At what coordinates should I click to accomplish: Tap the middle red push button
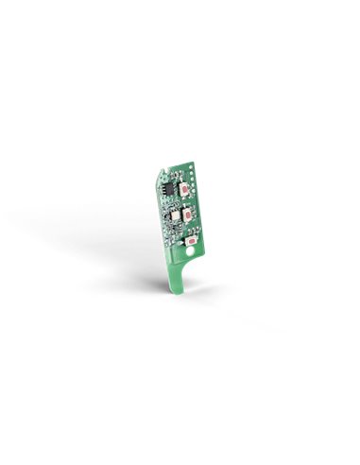click(x=188, y=215)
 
